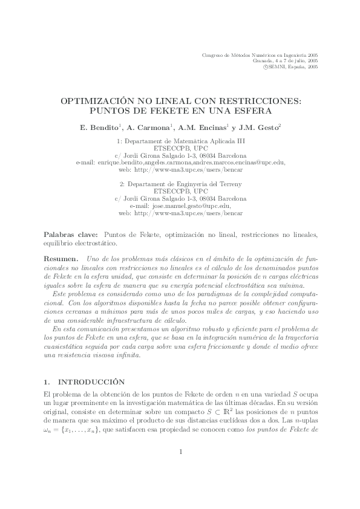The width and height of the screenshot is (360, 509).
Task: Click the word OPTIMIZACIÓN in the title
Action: point(100,102)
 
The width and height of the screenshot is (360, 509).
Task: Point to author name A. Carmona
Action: point(148,128)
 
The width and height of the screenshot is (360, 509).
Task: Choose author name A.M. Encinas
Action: point(203,128)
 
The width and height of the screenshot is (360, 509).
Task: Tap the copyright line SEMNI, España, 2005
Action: point(291,68)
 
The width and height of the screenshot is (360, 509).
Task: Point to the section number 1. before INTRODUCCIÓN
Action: point(49,382)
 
